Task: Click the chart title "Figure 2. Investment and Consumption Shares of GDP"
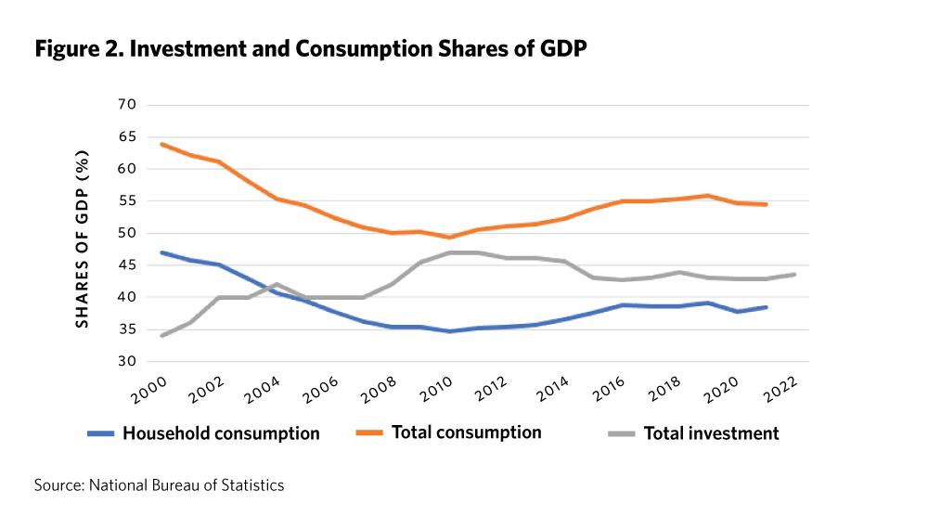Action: tap(311, 49)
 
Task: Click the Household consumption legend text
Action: tap(221, 433)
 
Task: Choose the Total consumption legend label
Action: tap(466, 432)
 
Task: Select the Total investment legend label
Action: tap(711, 433)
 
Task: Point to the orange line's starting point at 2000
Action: tap(163, 144)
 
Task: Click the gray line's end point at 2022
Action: tap(795, 274)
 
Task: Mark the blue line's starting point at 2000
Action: tap(163, 252)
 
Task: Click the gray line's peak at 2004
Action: tap(277, 284)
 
